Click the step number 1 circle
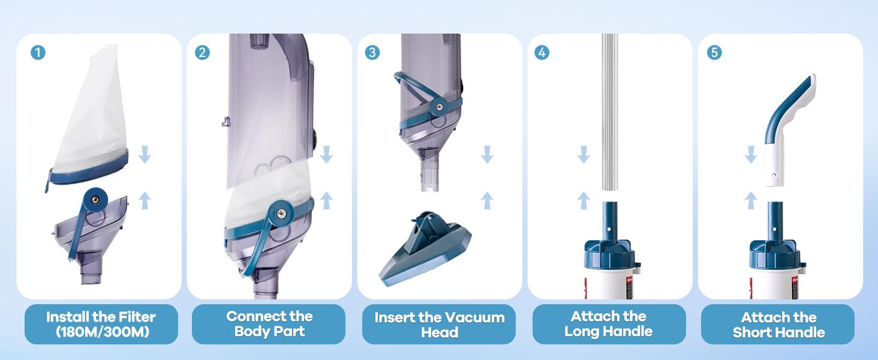click(38, 53)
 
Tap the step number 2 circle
click(202, 53)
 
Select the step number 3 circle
click(372, 53)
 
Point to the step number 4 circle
click(542, 53)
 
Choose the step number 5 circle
click(714, 53)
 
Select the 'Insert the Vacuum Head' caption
click(439, 325)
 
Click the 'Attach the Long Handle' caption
click(609, 324)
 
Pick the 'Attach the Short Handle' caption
click(778, 325)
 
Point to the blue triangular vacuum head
click(425, 250)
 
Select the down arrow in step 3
click(487, 155)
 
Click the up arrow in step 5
click(751, 200)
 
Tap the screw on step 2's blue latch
click(281, 213)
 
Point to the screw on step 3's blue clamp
click(440, 106)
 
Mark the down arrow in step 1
click(145, 155)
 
